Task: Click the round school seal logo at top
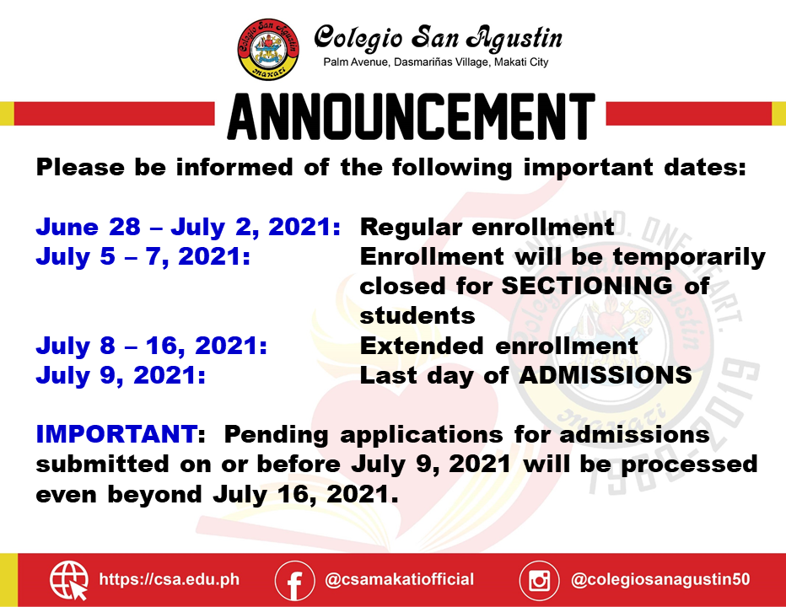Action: pos(268,49)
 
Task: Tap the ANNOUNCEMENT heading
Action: pos(411,116)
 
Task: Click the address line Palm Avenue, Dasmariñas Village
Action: pos(436,62)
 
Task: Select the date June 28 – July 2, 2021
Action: pos(188,227)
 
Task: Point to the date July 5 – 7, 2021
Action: pos(143,256)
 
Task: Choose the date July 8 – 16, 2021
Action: pos(152,346)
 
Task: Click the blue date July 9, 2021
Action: pos(121,375)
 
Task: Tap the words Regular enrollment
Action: pos(487,227)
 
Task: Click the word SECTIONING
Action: pos(587,286)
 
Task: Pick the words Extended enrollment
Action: pos(498,346)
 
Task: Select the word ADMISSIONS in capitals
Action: pos(606,375)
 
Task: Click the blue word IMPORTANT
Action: pos(116,434)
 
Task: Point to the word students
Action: pos(417,316)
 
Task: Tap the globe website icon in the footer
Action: pos(68,580)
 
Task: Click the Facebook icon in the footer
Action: pos(295,580)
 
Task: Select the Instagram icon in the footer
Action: pos(539,580)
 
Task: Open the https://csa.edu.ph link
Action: pos(170,579)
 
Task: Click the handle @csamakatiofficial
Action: pos(399,579)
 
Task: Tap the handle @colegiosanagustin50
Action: pos(660,579)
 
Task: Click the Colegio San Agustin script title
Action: pos(439,38)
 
